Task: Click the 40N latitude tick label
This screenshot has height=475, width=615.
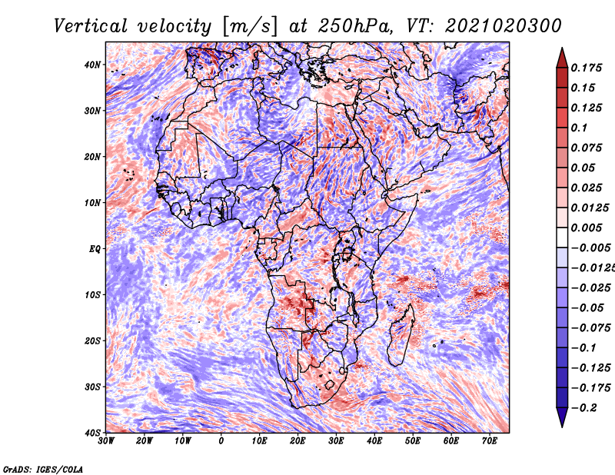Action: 92,65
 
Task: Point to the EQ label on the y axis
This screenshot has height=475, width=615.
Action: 95,249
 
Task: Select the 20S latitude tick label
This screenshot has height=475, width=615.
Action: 92,340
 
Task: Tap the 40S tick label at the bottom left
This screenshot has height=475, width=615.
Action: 92,433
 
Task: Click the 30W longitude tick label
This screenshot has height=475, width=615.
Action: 106,441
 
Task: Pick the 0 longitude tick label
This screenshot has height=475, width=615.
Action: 221,441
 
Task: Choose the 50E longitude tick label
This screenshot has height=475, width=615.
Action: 413,441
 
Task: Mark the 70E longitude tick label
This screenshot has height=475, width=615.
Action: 490,441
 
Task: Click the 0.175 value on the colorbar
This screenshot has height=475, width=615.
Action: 587,68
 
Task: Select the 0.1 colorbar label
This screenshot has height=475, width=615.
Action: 580,128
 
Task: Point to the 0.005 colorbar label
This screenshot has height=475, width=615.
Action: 587,228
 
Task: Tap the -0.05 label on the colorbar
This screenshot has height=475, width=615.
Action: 587,308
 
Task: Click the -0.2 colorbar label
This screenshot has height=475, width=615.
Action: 584,408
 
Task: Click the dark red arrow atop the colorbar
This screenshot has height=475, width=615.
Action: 562,58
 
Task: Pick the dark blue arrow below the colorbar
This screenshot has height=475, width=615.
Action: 562,417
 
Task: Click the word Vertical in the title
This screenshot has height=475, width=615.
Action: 91,26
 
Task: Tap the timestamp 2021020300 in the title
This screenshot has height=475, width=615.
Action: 504,26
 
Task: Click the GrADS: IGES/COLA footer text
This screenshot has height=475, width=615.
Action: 43,469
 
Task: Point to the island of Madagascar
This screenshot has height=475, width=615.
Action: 401,334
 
